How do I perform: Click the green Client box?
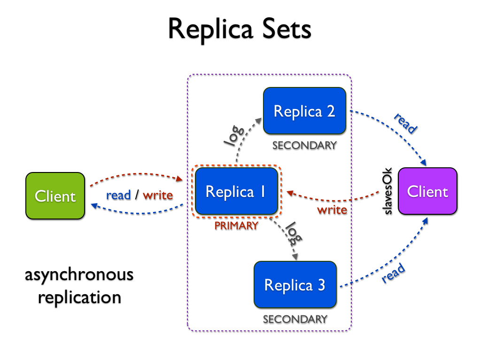tap(55, 196)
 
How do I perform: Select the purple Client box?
tap(427, 191)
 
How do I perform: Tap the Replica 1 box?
tap(236, 192)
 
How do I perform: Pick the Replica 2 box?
tap(304, 111)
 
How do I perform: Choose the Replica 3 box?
tap(295, 285)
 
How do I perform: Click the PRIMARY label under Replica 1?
tap(236, 226)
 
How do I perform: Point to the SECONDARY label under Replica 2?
tap(304, 145)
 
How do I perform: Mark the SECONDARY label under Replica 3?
tap(295, 319)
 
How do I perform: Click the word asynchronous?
tap(79, 275)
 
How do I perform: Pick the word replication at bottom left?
tap(79, 297)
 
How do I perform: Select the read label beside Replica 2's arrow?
tap(405, 124)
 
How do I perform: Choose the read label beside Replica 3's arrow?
tap(394, 274)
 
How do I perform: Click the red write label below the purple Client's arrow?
tap(332, 210)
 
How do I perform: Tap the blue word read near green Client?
tap(118, 195)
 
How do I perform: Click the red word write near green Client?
tap(158, 195)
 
